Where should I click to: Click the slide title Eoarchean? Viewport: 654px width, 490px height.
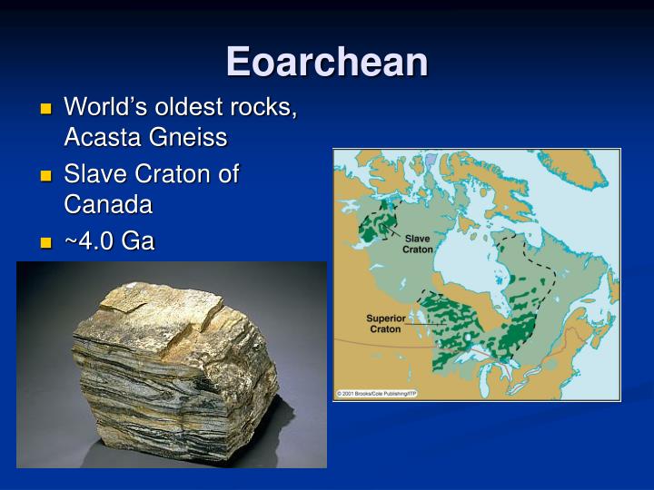click(327, 61)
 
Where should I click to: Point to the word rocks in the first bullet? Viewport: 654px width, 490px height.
click(266, 106)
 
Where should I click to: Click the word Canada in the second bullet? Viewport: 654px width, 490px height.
click(108, 204)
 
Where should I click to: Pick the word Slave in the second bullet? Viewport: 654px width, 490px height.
click(94, 173)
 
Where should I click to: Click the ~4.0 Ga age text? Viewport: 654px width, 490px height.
click(109, 240)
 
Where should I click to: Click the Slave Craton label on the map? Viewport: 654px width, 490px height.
click(418, 243)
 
